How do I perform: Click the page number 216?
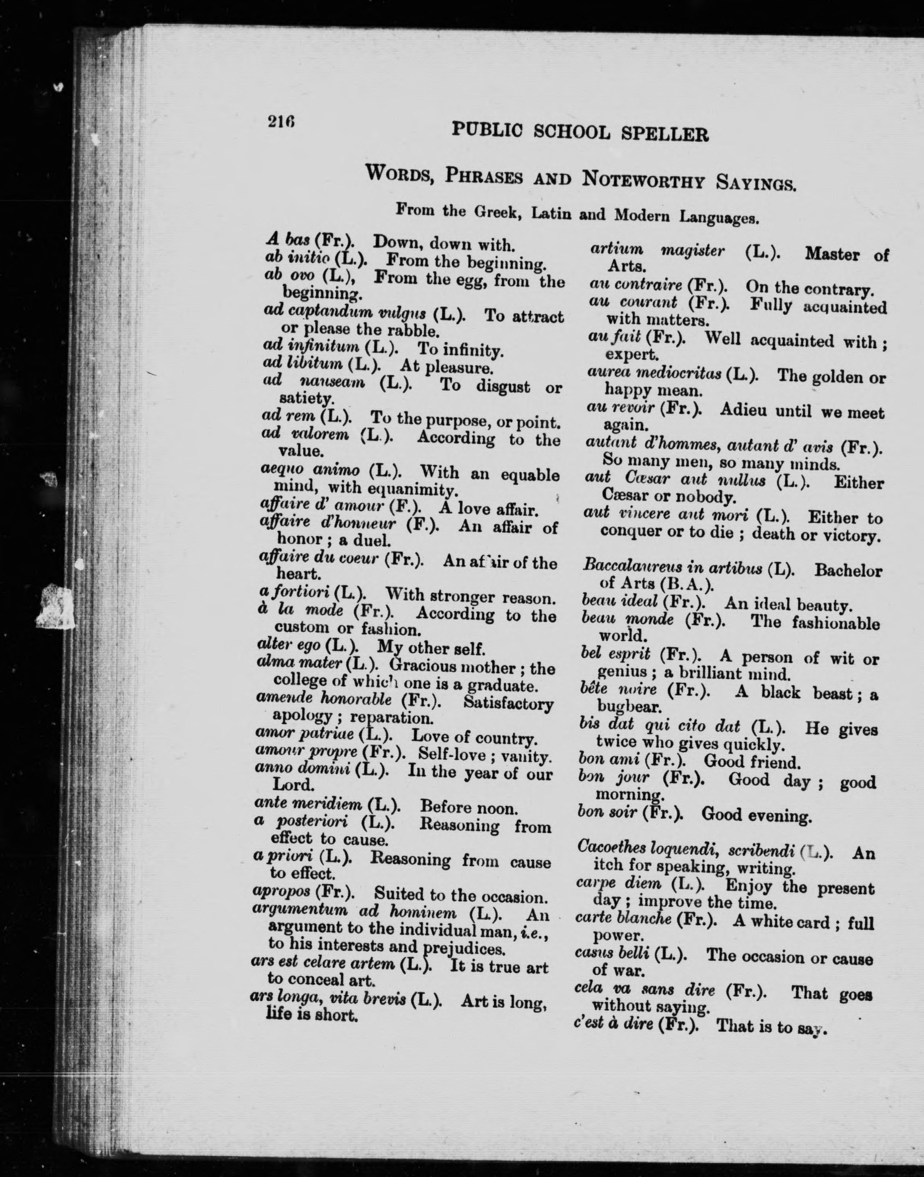click(x=280, y=122)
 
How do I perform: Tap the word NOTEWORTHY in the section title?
click(x=643, y=180)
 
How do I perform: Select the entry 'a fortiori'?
click(x=292, y=594)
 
